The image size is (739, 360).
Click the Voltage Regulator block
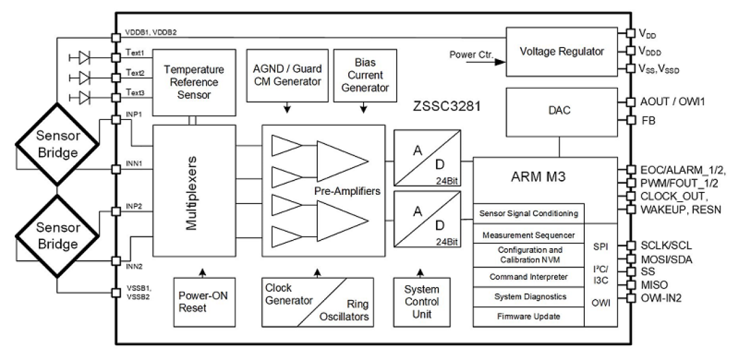coord(561,51)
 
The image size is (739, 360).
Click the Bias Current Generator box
coord(361,76)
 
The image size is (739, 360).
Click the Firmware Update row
coord(529,316)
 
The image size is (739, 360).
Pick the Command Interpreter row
coord(529,276)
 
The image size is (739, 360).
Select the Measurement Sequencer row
coord(529,235)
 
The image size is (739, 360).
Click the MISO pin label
coord(653,285)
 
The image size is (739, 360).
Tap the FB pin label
coord(647,120)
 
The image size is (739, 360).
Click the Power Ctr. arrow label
coord(471,55)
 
